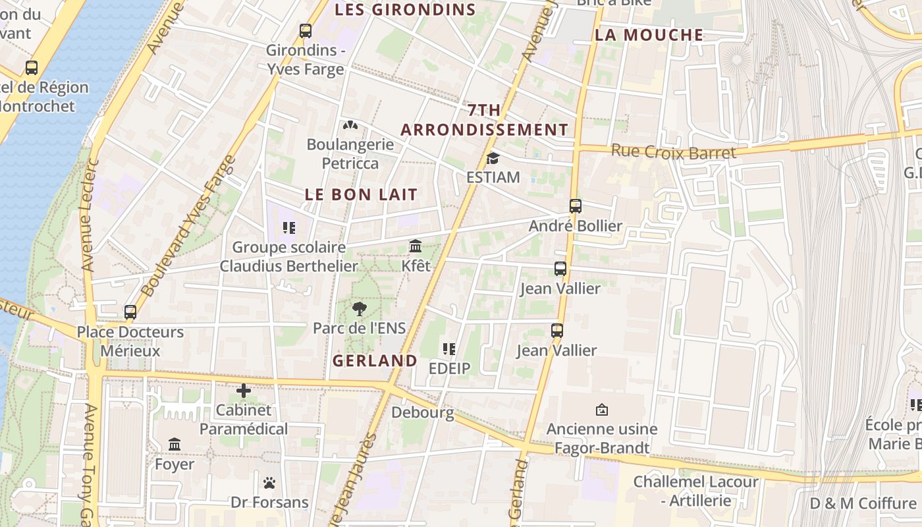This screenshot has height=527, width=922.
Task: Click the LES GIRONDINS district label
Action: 405,10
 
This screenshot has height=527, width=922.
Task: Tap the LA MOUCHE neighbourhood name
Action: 649,35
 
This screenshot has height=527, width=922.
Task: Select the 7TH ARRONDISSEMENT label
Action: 484,120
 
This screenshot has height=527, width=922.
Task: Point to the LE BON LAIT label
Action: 361,194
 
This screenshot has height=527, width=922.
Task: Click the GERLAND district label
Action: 375,360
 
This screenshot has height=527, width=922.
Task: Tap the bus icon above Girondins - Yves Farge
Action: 305,30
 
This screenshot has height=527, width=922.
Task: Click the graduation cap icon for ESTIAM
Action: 493,158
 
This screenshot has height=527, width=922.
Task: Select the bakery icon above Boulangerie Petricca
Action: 350,125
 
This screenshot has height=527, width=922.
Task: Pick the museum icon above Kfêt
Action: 416,246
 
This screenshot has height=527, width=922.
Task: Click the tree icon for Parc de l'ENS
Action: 359,308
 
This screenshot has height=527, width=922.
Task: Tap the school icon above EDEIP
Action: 450,349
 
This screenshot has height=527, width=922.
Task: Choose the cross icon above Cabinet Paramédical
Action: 244,391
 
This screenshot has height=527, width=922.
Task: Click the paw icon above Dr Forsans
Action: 269,483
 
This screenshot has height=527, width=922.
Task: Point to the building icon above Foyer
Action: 175,445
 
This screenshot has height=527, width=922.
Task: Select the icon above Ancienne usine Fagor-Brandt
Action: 601,410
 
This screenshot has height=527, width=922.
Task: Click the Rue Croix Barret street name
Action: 673,152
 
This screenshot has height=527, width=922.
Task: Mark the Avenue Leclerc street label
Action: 89,214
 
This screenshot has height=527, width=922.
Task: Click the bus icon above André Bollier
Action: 576,206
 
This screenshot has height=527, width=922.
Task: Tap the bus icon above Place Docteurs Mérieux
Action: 130,312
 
